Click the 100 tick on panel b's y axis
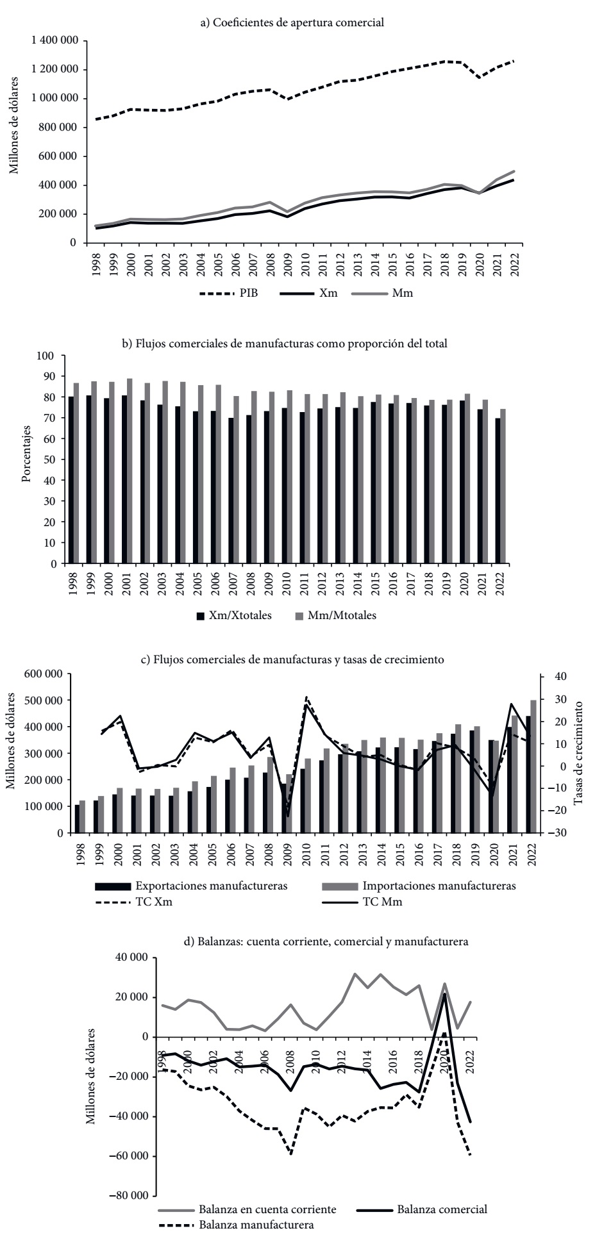click(47, 355)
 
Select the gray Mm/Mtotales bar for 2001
click(130, 471)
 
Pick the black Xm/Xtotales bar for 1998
click(71, 480)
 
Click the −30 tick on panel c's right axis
click(558, 833)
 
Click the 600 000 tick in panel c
click(44, 674)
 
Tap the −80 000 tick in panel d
click(128, 1196)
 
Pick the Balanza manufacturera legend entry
click(256, 1224)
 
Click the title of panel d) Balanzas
click(326, 942)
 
